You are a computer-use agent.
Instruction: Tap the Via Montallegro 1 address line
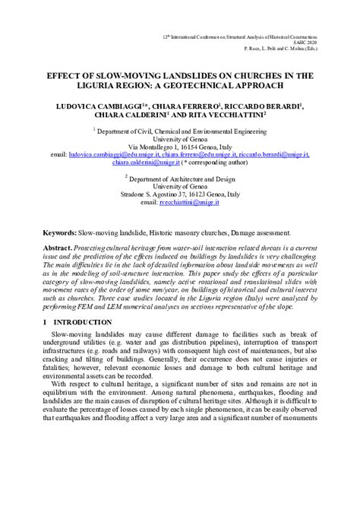coord(180,146)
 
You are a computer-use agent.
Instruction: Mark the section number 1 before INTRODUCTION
coord(46,322)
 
